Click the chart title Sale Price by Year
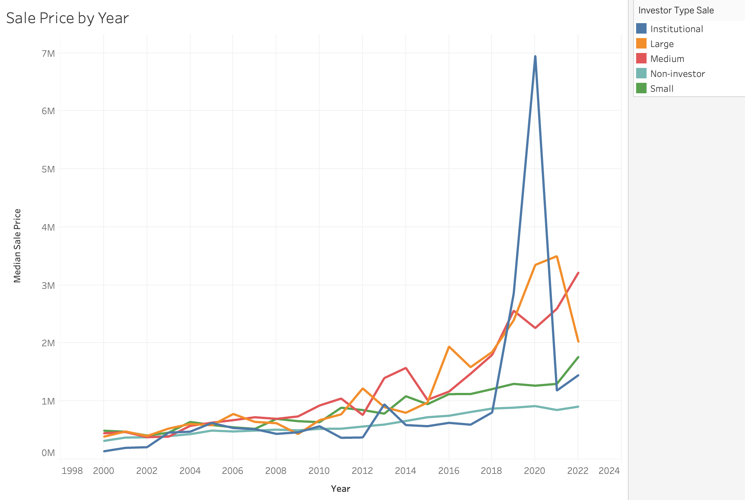click(67, 18)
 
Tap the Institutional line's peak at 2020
click(535, 57)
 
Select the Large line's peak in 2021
click(556, 256)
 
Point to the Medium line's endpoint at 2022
click(578, 273)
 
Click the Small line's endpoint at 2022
click(578, 357)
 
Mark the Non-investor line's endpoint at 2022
click(578, 406)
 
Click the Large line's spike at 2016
click(449, 347)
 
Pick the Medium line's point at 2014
click(406, 368)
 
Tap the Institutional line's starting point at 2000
click(104, 451)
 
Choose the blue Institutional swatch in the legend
click(641, 29)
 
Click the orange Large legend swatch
click(641, 44)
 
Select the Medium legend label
click(667, 59)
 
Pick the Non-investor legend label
click(677, 74)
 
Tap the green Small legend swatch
click(641, 88)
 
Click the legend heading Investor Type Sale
click(676, 10)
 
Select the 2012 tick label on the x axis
click(362, 471)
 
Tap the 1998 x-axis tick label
click(72, 471)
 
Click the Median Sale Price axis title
click(18, 246)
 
